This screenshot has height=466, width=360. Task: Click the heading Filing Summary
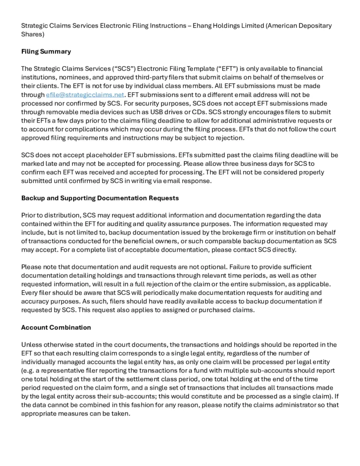[x=46, y=51]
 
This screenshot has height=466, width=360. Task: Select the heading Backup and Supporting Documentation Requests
[x=100, y=198]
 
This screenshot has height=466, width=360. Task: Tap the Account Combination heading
[x=56, y=327]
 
